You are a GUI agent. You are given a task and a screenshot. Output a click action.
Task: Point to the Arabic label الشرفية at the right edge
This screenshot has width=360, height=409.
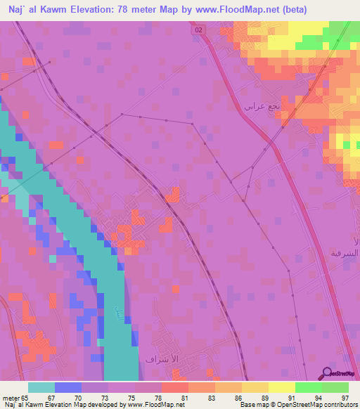tap(345, 252)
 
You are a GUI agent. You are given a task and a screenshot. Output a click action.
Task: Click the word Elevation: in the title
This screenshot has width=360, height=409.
tap(106, 9)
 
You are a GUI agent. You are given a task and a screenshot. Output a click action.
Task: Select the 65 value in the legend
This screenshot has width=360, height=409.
tap(25, 398)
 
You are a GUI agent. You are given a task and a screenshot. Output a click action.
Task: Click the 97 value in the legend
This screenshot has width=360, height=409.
tap(344, 398)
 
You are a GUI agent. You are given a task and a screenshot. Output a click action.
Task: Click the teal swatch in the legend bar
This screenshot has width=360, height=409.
tap(41, 387)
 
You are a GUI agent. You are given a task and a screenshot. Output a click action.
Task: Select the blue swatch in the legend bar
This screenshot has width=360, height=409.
tap(67, 387)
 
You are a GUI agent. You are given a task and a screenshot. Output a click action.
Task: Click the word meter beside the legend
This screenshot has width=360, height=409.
tap(10, 398)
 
